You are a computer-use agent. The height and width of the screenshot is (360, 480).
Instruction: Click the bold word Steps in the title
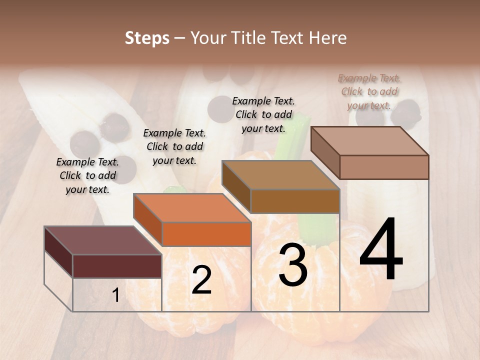coord(147,38)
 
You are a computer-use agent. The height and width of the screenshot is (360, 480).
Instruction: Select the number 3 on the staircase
coord(293,265)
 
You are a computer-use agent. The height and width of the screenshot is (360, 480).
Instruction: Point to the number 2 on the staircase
coord(201,280)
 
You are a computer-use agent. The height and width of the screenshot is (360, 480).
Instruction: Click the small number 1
coord(115,295)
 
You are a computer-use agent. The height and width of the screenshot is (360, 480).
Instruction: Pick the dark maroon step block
coord(116,265)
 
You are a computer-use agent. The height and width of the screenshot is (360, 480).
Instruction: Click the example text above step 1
coord(87,175)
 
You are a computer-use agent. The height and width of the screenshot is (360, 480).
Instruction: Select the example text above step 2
coord(174,146)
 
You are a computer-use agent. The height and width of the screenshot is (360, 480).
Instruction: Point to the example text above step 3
coord(263,114)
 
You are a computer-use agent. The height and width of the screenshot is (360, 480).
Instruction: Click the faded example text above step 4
coord(369,91)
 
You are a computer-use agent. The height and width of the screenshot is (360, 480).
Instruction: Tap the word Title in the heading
coord(249,38)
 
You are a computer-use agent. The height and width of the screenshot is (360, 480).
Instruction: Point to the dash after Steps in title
coord(180,38)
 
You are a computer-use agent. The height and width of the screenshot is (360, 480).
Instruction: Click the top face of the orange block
coord(192,207)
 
